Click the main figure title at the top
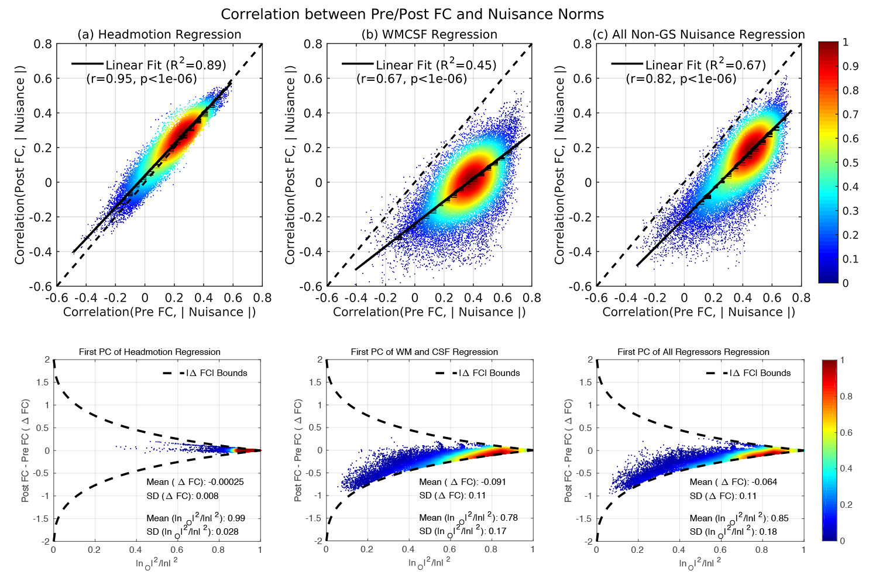point(412,14)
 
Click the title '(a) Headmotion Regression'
point(159,35)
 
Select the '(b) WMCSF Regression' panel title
point(430,35)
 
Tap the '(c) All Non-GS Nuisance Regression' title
point(699,35)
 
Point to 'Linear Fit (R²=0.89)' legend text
point(166,64)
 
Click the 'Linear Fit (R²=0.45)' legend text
point(436,64)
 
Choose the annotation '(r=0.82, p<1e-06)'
point(681,78)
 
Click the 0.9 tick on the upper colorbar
point(850,66)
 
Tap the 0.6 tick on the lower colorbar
point(846,432)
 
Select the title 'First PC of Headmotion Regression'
point(150,352)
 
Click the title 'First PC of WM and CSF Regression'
point(424,352)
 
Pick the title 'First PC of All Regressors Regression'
point(693,352)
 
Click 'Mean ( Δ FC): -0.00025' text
point(195,482)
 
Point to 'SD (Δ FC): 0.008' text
point(183,495)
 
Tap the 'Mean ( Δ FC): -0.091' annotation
point(462,482)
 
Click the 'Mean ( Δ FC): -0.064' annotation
point(733,482)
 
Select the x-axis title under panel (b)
point(430,312)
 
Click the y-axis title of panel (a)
point(20,165)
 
